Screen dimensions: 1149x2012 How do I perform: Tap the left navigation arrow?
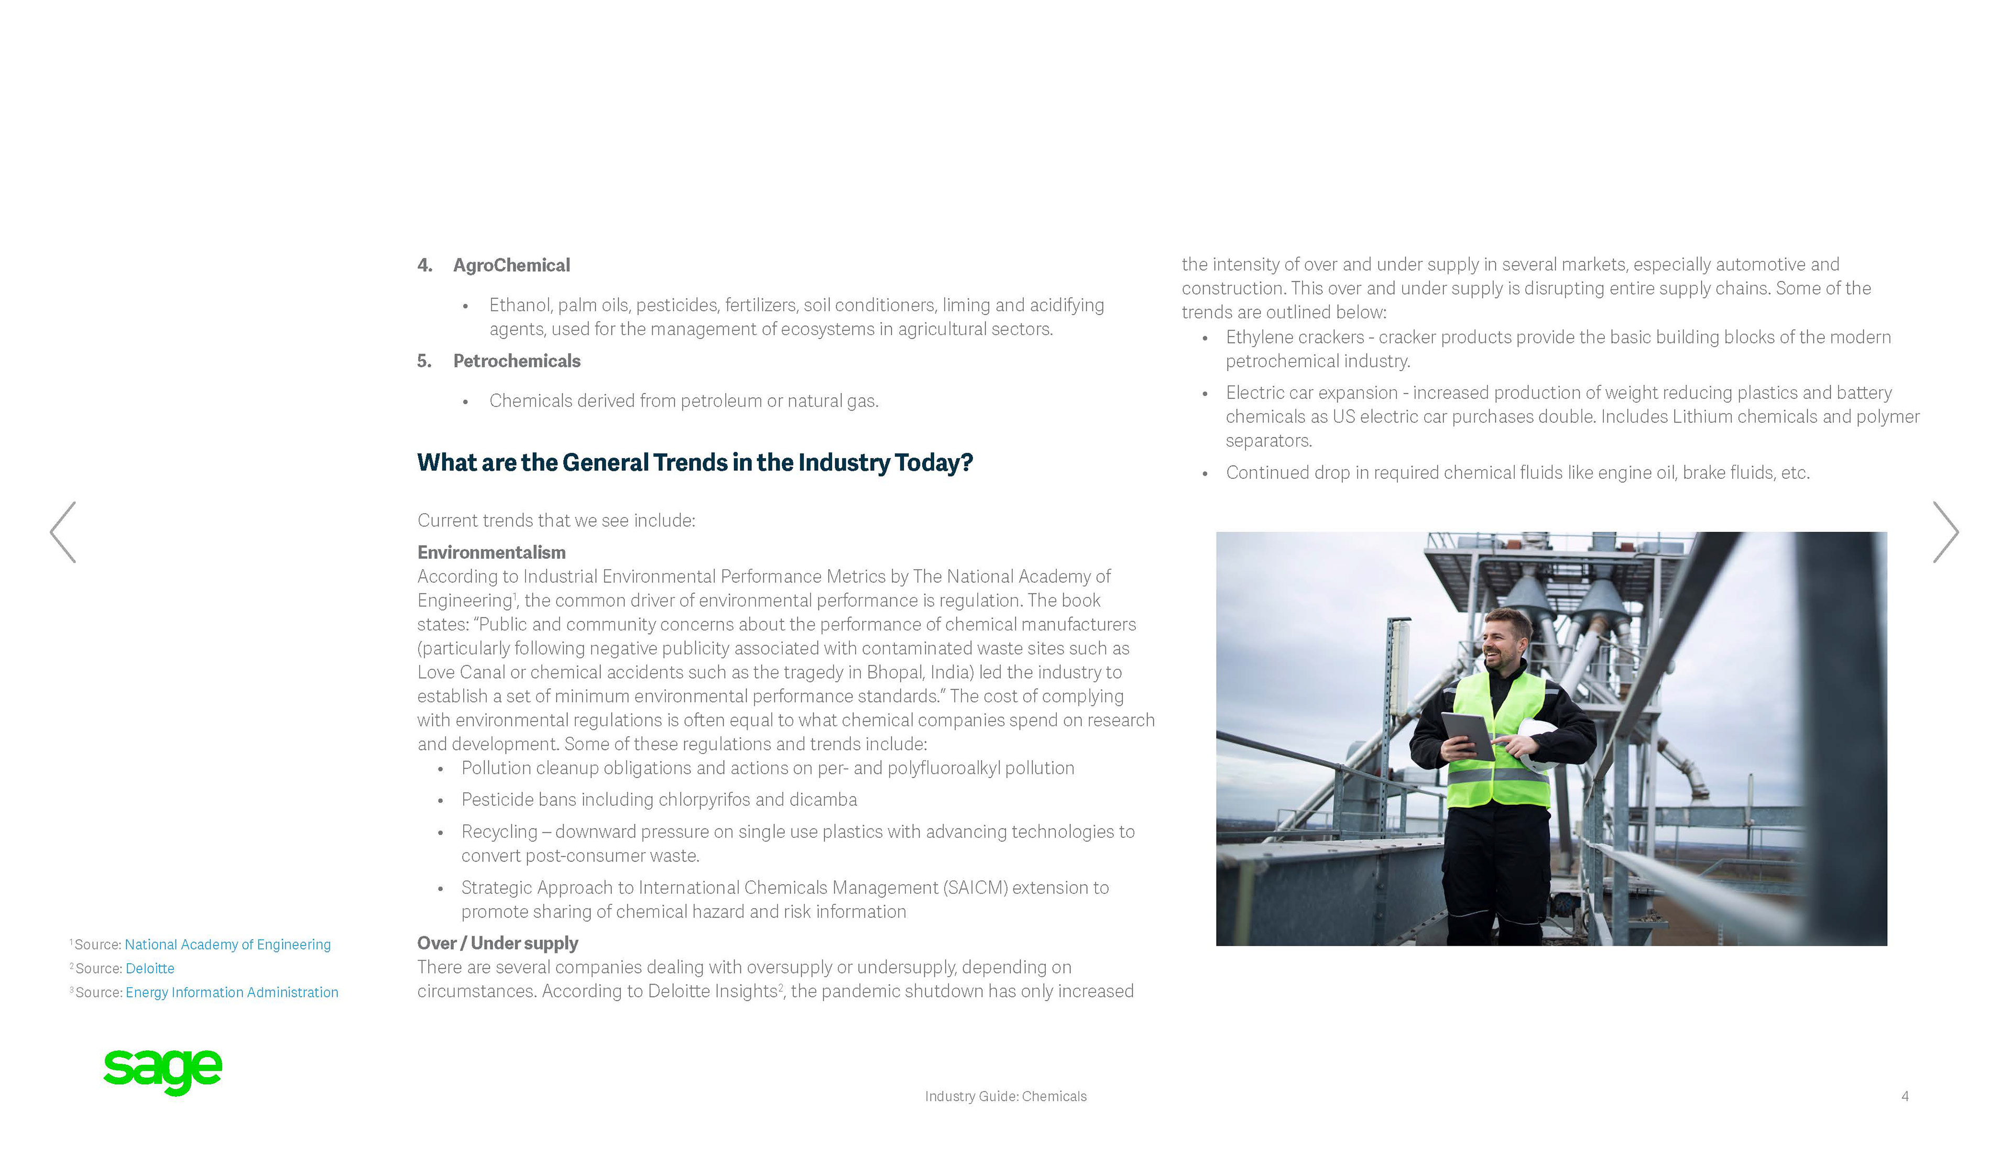[63, 532]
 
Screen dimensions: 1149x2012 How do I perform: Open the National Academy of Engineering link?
[227, 945]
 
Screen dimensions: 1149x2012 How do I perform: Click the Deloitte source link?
[150, 968]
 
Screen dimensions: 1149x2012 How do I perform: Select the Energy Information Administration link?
[231, 992]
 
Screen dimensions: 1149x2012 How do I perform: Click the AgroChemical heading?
[511, 265]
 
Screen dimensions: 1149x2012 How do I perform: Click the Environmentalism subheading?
[491, 553]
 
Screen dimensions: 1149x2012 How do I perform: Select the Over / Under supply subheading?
[497, 943]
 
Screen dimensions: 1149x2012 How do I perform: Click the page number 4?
[1905, 1096]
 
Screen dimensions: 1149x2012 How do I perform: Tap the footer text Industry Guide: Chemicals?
[1005, 1096]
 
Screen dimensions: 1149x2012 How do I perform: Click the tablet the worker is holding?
[1467, 734]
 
